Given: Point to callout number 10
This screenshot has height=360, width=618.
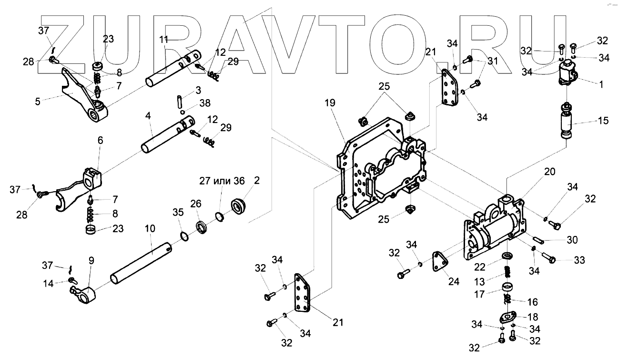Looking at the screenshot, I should [150, 228].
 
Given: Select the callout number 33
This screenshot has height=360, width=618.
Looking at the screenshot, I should [579, 260].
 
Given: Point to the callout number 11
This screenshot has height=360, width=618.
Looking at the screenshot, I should [164, 40].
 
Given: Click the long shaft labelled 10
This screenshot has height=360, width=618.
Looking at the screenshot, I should [143, 264].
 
